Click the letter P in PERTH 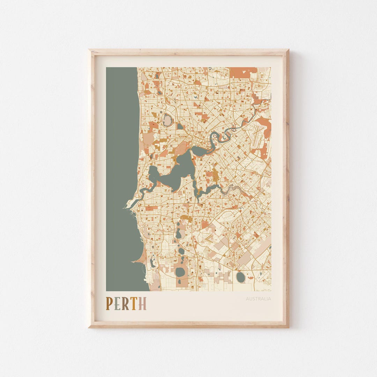(x=109, y=303)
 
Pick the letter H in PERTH (x=142, y=303)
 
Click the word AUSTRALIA (x=258, y=299)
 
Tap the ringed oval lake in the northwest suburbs (x=167, y=120)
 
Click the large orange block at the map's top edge (x=243, y=72)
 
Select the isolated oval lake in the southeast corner (x=241, y=277)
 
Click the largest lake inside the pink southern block (x=180, y=272)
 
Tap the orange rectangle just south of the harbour (x=151, y=208)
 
